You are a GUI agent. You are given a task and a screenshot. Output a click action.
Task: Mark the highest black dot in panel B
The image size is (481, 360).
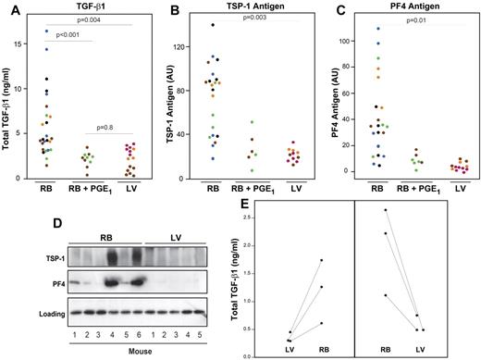coord(213,25)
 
